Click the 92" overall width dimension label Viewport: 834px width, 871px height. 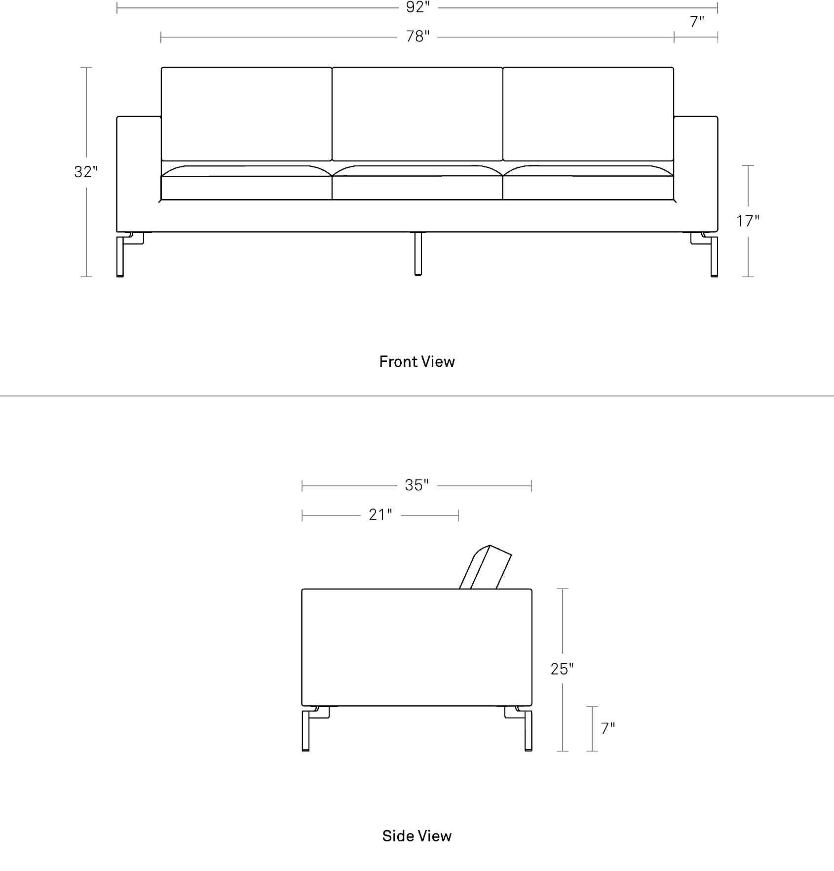tap(417, 7)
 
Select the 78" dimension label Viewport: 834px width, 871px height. tap(417, 37)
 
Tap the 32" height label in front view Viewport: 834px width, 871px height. tap(86, 172)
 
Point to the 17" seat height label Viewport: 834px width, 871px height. tap(748, 221)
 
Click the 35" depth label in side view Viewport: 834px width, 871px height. tap(417, 485)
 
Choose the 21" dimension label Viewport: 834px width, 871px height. tap(380, 515)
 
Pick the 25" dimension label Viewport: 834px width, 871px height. tap(562, 669)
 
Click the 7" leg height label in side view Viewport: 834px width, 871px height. tap(607, 728)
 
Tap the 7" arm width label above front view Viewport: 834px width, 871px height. tap(696, 22)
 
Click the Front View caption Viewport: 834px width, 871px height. tap(417, 361)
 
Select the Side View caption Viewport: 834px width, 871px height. tap(417, 836)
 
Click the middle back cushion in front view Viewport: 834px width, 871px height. tap(417, 114)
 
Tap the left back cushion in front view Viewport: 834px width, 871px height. tap(246, 114)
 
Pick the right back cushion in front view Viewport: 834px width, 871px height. tap(588, 114)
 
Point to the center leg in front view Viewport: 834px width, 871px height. tap(418, 253)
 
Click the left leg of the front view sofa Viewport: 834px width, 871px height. tap(120, 256)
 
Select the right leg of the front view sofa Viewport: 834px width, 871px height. tap(714, 256)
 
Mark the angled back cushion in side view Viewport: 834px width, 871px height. tap(485, 567)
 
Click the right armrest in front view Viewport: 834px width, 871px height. tap(696, 173)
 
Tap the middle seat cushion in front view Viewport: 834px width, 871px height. tap(417, 183)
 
